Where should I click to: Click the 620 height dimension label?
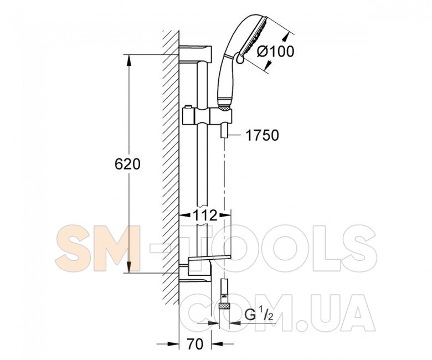click(127, 164)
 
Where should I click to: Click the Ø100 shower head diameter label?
click(276, 52)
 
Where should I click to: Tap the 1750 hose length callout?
click(262, 135)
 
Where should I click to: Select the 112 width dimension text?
click(205, 215)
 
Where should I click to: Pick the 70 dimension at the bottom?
click(195, 344)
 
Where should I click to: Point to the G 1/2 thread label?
click(259, 315)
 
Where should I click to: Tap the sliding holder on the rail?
click(207, 115)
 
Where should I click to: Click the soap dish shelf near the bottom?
click(209, 258)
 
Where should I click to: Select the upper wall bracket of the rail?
click(196, 53)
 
